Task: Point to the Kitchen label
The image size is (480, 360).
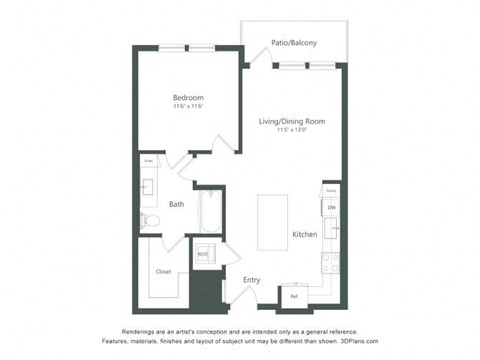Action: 304,234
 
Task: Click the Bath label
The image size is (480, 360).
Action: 175,205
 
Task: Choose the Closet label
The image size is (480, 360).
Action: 162,271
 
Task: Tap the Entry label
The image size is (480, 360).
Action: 251,280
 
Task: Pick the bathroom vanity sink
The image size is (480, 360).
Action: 148,186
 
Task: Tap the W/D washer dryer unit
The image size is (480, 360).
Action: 203,254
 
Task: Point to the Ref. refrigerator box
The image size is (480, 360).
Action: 294,296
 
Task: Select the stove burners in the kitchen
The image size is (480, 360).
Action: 330,262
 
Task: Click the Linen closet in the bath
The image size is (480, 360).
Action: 148,160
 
